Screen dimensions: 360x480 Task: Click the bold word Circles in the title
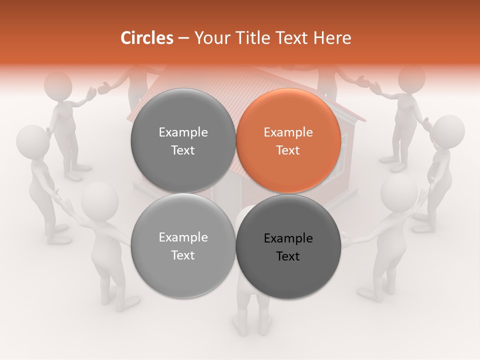coord(146,38)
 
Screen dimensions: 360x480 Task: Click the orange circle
coord(288,141)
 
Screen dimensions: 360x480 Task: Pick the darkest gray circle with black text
coord(288,247)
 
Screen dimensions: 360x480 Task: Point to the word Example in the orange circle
coord(288,132)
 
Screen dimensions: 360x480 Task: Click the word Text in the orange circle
coord(288,150)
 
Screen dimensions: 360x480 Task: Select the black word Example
coord(288,238)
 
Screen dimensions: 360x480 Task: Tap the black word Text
coord(288,256)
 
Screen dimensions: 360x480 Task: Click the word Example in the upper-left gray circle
coord(183,132)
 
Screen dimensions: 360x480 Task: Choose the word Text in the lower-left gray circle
coord(183,255)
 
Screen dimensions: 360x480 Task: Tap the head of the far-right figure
coord(447,131)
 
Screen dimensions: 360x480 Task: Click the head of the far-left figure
coord(32,141)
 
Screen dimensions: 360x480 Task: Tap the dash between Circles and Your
coord(183,38)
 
